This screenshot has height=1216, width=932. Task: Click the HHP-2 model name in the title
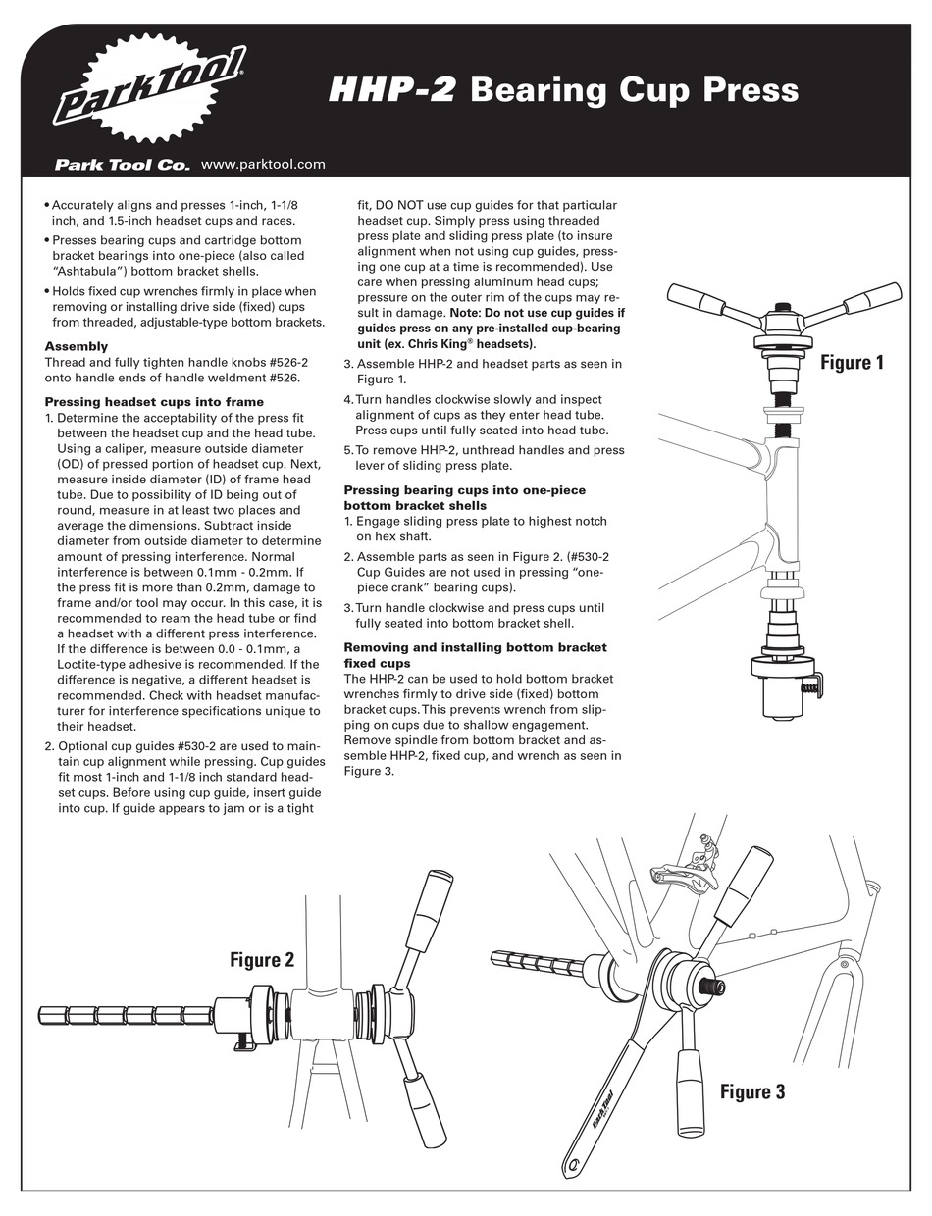coord(392,90)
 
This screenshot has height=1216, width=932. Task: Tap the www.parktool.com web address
coord(263,165)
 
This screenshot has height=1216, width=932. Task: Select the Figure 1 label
coord(852,363)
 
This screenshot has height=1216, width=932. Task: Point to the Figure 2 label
coord(262,959)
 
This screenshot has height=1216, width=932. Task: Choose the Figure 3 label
coord(752,1091)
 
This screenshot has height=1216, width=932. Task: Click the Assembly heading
coord(77,346)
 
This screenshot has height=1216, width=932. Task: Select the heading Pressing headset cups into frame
coord(154,401)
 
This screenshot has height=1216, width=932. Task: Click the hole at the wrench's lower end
coord(570,1167)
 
